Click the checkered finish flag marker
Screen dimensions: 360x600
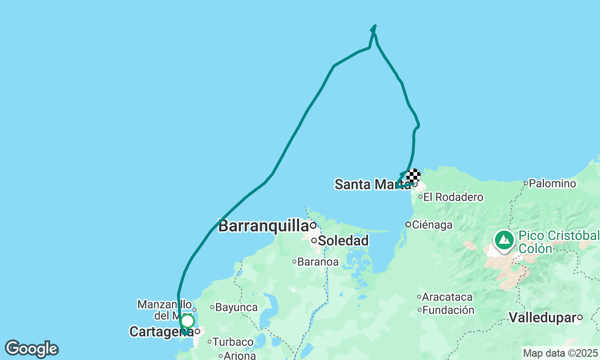413,176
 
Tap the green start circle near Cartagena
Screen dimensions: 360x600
187,321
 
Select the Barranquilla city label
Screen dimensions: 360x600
263,225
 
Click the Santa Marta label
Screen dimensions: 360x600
370,184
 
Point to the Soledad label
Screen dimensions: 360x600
343,241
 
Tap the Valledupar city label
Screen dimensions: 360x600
542,317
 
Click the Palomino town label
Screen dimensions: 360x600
552,183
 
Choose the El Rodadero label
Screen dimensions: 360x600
453,197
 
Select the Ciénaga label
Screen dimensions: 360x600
433,225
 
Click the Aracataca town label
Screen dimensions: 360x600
447,297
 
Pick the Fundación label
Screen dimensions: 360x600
448,310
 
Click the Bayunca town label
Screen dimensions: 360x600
236,307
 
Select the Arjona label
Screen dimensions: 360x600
240,355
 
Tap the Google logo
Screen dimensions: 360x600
31,349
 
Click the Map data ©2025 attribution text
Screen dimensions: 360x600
560,353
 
